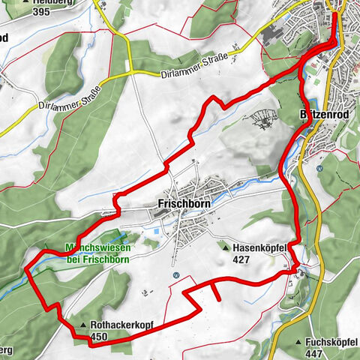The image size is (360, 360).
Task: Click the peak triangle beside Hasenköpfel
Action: pos(224,246)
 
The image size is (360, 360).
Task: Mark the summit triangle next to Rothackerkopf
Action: pos(83,325)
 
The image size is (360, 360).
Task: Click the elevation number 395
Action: pos(41,12)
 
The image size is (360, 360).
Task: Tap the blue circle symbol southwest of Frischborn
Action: pos(175,275)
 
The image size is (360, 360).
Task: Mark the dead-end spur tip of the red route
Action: pos(219,299)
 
